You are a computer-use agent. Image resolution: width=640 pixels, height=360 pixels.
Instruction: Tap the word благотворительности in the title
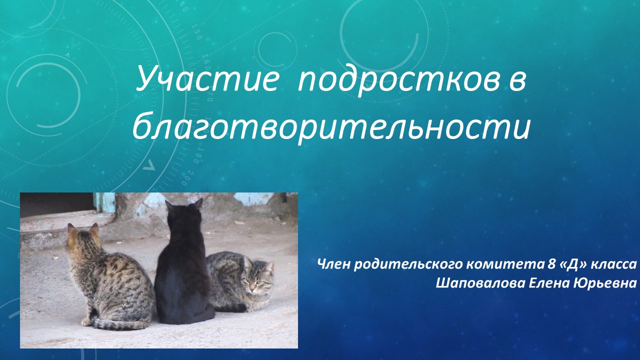pos(331,126)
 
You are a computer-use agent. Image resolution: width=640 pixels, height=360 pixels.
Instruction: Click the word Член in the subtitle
pos(334,265)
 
